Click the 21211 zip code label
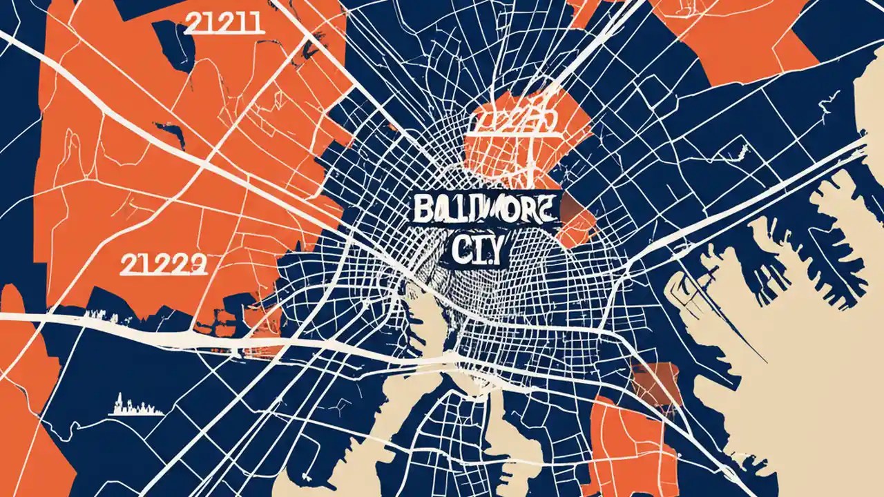(224, 22)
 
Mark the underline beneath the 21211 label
(224, 33)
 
